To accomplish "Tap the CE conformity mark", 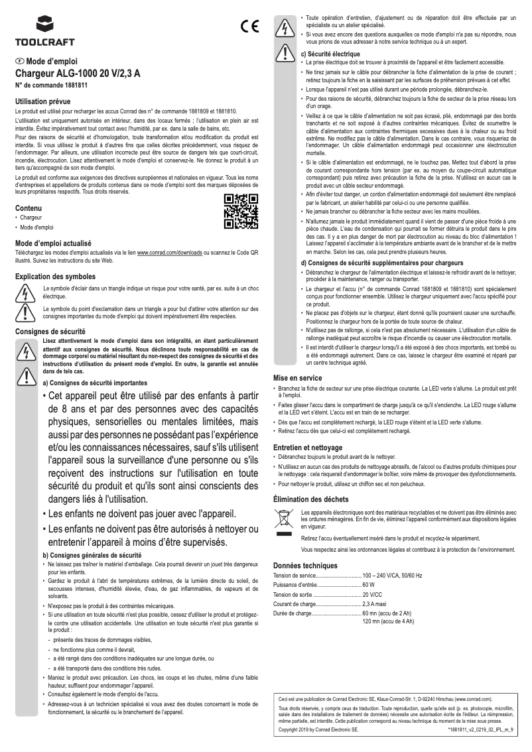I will (249, 28).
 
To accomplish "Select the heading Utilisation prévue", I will (42, 101).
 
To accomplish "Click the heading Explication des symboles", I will (55, 276).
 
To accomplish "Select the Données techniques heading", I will (305, 565).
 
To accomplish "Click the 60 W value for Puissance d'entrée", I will (369, 585).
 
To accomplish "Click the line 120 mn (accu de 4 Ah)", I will (387, 621).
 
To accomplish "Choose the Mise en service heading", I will (298, 377).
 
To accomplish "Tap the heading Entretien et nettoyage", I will (308, 448).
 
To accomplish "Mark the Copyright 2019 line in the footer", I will (318, 728).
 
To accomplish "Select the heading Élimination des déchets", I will (312, 499).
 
